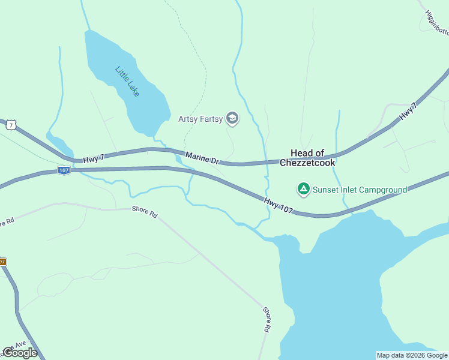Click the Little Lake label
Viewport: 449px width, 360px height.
[127, 81]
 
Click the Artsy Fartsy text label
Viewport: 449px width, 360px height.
[200, 119]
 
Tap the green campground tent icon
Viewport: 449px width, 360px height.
[304, 190]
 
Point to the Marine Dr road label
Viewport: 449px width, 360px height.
[203, 158]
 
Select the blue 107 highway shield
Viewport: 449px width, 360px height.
[64, 171]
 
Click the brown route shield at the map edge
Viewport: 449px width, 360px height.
[2, 262]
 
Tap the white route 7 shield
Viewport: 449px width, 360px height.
[10, 124]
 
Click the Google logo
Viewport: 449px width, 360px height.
[20, 353]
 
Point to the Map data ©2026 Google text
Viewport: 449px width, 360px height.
[412, 355]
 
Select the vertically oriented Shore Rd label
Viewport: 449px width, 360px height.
[267, 320]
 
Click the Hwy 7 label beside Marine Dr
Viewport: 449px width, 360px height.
[94, 158]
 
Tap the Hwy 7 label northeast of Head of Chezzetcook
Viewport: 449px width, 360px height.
[408, 111]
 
